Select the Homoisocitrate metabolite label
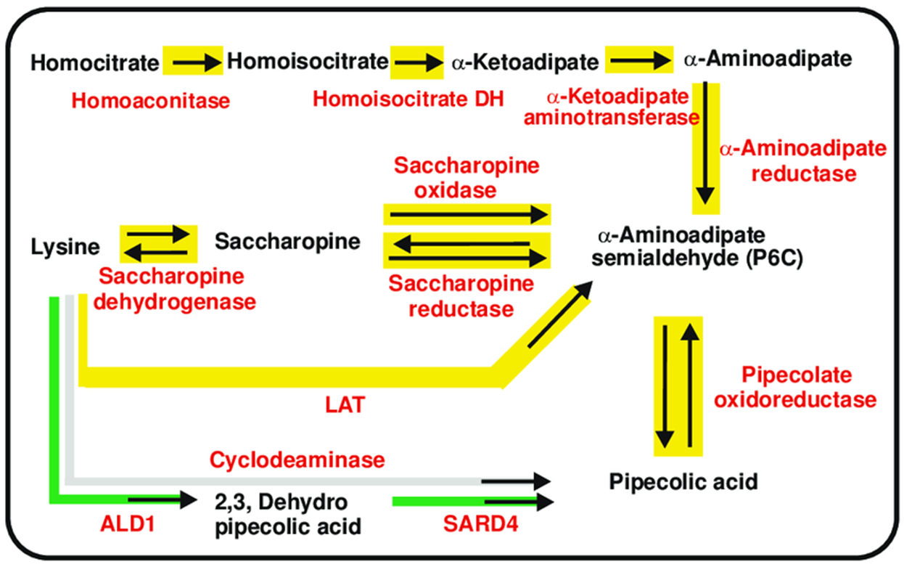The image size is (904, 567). [308, 62]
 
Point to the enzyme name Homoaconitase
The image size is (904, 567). [151, 99]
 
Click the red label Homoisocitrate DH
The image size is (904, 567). [408, 99]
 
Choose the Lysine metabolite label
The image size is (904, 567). [65, 247]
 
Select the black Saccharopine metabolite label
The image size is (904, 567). [287, 241]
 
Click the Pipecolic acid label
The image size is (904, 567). [683, 481]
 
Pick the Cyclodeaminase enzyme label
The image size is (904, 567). [296, 459]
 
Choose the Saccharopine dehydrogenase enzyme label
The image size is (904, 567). [178, 288]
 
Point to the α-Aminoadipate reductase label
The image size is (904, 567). [802, 161]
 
